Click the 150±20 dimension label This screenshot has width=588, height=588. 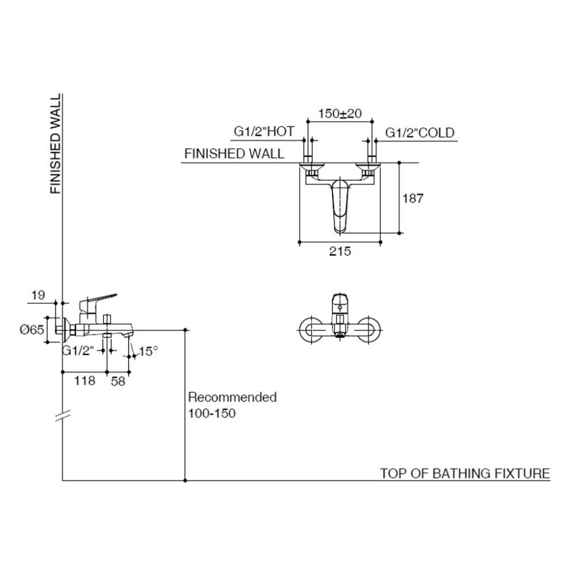(x=340, y=114)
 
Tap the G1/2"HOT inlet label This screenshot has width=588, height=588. (x=264, y=132)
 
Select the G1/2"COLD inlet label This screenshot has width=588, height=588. (x=419, y=133)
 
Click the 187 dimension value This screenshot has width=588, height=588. (x=413, y=199)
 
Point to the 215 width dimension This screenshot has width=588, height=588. (x=340, y=252)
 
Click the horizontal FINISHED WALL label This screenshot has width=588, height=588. (x=234, y=154)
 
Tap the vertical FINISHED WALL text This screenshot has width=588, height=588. (x=56, y=144)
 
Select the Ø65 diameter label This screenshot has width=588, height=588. (x=32, y=330)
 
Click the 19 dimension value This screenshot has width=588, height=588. (x=38, y=296)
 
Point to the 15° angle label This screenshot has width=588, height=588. (x=148, y=351)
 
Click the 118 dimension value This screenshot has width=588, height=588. (x=84, y=380)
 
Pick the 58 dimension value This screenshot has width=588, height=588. (x=118, y=381)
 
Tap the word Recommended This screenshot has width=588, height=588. (x=232, y=397)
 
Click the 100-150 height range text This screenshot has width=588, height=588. (x=212, y=413)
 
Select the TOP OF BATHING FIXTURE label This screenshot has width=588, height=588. (x=465, y=474)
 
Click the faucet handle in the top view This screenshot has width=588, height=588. (x=340, y=204)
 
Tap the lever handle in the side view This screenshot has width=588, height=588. (x=98, y=299)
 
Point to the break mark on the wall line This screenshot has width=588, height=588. (x=62, y=416)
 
